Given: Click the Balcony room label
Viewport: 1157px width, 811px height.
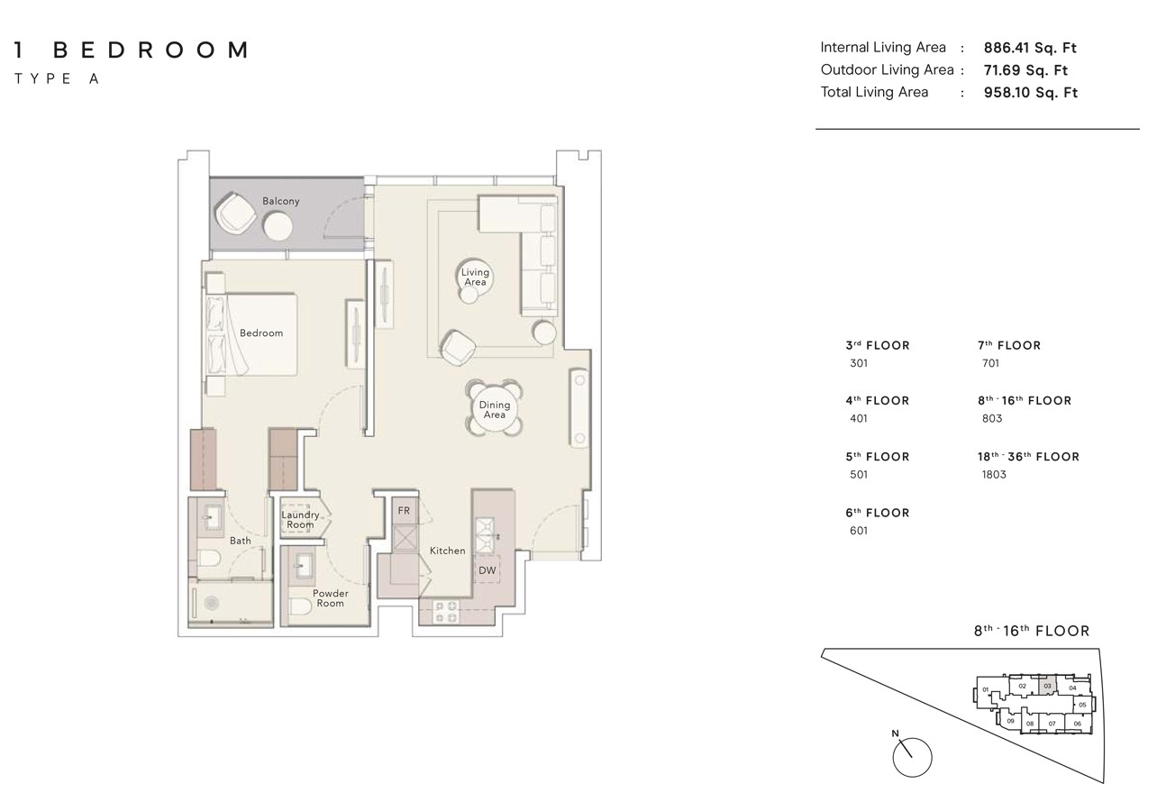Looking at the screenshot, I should pyautogui.click(x=280, y=201).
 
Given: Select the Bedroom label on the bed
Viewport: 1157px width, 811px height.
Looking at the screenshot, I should pyautogui.click(x=260, y=333).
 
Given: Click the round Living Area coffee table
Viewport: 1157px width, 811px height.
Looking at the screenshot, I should pyautogui.click(x=475, y=277).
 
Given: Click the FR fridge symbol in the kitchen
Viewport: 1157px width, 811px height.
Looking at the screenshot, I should pyautogui.click(x=404, y=511).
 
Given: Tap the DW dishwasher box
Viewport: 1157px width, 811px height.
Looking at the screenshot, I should pyautogui.click(x=487, y=570).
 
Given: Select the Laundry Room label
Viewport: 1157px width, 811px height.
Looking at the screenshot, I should pyautogui.click(x=300, y=520).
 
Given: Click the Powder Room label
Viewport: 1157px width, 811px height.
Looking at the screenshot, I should pyautogui.click(x=330, y=598).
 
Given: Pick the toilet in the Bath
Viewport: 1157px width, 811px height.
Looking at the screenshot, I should pyautogui.click(x=208, y=559).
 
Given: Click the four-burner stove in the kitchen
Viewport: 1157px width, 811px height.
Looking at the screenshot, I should pyautogui.click(x=446, y=612).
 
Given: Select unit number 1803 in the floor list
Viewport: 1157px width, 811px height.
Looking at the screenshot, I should pyautogui.click(x=993, y=475).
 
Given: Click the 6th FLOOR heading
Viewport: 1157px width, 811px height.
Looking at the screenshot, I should pyautogui.click(x=877, y=513).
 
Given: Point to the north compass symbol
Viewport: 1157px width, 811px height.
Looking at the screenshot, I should pyautogui.click(x=911, y=757).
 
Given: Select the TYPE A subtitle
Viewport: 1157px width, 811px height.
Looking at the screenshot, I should pyautogui.click(x=56, y=78).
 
